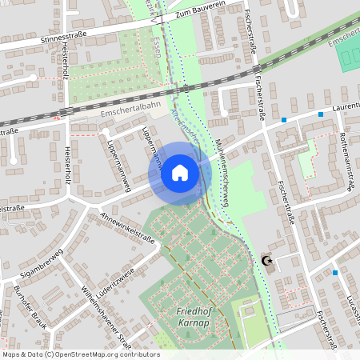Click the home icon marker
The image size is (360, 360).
pos(180,173)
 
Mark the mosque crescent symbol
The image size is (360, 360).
pos(268,260)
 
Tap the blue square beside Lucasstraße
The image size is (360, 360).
pos(335,272)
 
